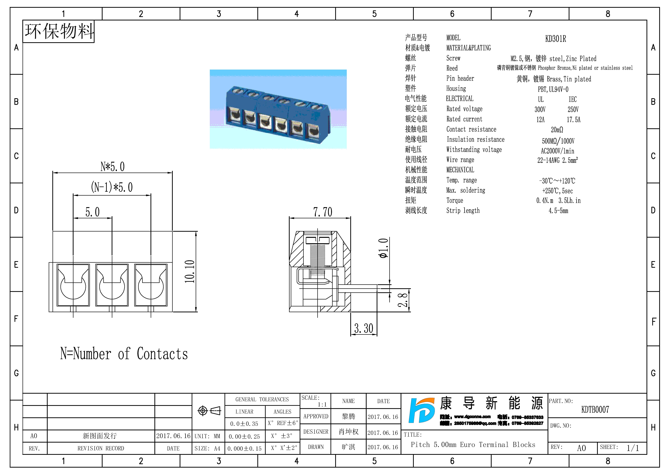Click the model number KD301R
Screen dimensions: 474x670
(x=555, y=39)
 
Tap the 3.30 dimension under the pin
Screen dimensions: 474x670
(x=364, y=328)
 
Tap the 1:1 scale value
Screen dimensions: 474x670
(x=322, y=405)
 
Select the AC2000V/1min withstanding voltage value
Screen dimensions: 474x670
(x=557, y=151)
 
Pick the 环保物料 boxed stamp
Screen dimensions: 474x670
(x=59, y=31)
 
